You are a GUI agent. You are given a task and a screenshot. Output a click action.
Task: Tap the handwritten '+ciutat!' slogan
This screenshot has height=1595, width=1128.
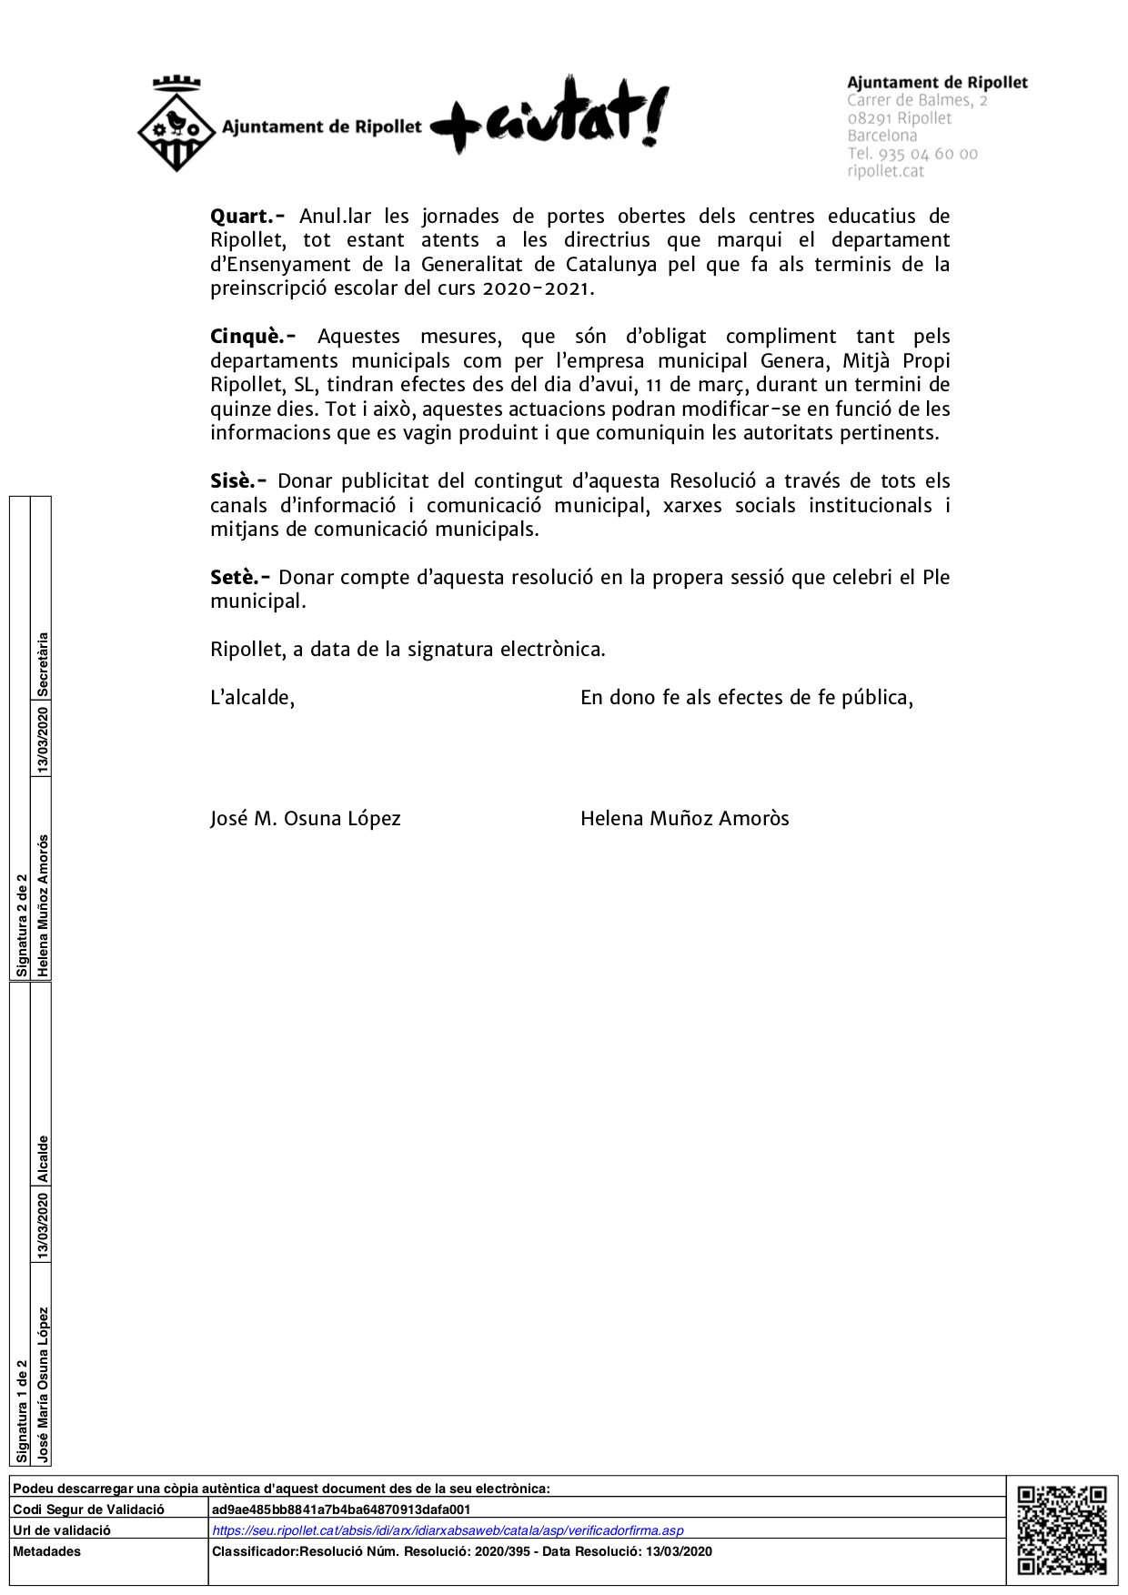[551, 116]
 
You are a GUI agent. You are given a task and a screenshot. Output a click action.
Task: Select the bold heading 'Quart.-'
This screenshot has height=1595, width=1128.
[247, 217]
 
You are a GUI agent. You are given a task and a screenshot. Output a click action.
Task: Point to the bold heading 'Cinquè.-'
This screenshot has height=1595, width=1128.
[252, 337]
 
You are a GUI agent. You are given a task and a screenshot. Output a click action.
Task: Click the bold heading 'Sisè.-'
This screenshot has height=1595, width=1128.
[238, 481]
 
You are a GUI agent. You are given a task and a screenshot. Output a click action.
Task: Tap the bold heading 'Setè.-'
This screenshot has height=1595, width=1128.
[240, 578]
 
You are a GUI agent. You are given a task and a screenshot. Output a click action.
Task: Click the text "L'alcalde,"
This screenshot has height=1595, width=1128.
[252, 698]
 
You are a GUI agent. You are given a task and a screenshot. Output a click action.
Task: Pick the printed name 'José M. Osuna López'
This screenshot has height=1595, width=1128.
[305, 819]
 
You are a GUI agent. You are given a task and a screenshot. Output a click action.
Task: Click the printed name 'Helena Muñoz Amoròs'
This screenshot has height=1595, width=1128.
[684, 819]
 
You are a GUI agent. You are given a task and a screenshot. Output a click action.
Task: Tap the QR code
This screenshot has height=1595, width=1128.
[1062, 1529]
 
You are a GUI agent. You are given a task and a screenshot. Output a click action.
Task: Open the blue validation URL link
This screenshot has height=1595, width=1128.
[448, 1530]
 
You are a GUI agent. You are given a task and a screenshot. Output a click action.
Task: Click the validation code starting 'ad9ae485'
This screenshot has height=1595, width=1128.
[341, 1509]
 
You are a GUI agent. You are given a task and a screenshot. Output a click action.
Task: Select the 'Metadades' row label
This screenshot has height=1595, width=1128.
[47, 1551]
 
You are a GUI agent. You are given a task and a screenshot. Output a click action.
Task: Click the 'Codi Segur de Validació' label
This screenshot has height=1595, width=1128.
[88, 1509]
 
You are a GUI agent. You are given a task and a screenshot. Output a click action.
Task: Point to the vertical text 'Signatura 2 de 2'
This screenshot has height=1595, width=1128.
[22, 925]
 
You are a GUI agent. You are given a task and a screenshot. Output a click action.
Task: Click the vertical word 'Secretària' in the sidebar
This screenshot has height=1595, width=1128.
[42, 664]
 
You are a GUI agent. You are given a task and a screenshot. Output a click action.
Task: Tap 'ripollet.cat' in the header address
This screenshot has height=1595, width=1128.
[885, 171]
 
